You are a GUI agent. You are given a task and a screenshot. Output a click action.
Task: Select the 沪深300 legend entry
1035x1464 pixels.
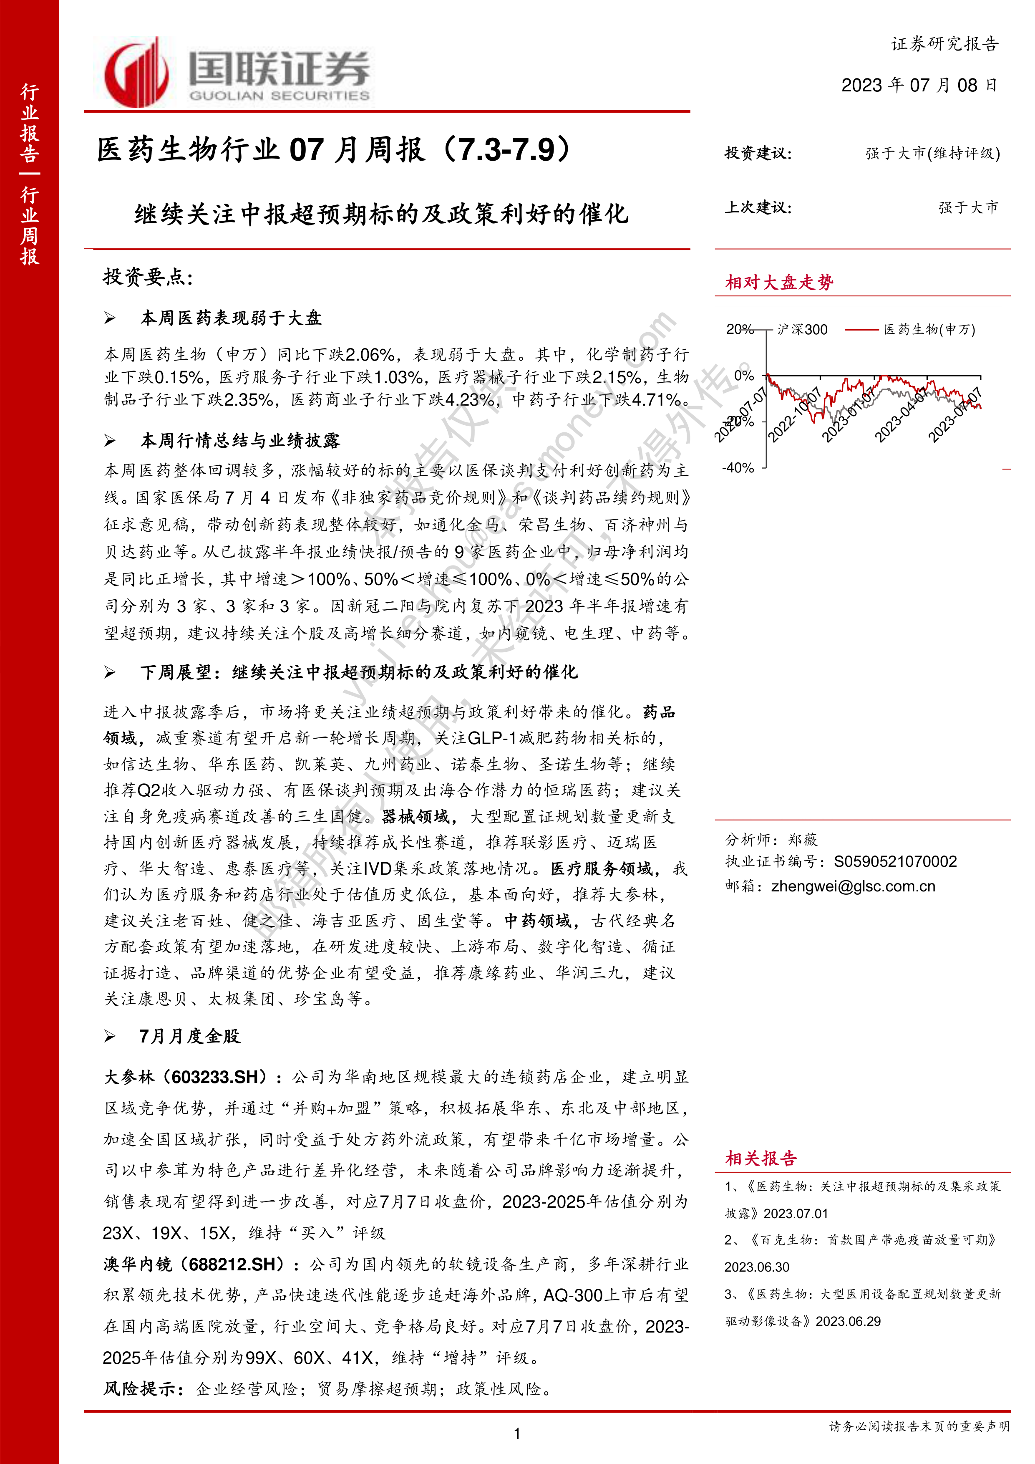tap(802, 330)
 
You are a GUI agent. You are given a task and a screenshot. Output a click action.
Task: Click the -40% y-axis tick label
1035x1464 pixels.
tap(738, 467)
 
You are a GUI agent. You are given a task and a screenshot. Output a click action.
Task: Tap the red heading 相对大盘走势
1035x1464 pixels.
tap(779, 283)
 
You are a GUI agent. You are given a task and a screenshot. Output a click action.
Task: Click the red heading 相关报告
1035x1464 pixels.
tap(761, 1159)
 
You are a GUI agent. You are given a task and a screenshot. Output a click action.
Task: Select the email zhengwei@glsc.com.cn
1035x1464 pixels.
tap(853, 886)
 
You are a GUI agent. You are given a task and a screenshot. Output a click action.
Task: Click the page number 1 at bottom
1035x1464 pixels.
tap(517, 1434)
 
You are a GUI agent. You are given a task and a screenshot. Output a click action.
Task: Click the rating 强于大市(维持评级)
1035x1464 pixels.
tap(932, 154)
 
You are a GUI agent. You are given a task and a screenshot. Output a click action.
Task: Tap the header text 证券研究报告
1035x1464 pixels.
tap(944, 44)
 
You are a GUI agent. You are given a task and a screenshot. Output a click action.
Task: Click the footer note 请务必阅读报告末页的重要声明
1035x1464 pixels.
tap(919, 1426)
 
